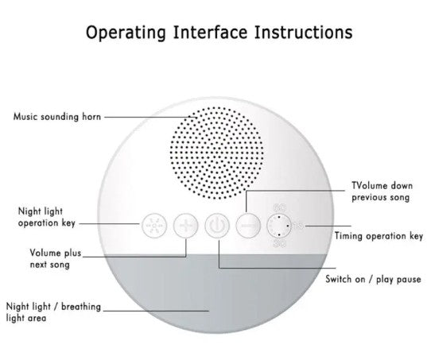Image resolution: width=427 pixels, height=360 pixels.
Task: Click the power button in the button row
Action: coord(217,226)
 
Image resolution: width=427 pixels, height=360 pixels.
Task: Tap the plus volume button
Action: coord(185,226)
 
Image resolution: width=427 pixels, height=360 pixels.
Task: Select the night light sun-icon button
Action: coord(153,226)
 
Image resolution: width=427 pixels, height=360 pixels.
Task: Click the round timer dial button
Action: coord(279,226)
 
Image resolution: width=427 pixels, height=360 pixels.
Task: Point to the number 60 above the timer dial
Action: coord(280,208)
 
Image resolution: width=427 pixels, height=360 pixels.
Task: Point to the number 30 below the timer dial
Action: coord(280,243)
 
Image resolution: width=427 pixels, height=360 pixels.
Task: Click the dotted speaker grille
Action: coord(217,153)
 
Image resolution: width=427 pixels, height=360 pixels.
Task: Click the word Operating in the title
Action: coord(126,33)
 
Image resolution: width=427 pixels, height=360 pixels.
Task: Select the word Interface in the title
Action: coord(210,32)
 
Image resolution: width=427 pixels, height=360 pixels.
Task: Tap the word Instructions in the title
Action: coord(304,32)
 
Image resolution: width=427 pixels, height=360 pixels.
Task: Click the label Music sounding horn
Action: coord(57,117)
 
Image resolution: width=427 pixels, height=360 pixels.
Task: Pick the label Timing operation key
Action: coord(378,236)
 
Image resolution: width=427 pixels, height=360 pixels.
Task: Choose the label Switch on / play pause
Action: coord(373,279)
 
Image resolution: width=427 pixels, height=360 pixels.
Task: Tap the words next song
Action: coord(50,265)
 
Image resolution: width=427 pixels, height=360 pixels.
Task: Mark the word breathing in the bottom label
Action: coord(81,307)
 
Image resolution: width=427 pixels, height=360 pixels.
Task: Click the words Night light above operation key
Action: coord(41,211)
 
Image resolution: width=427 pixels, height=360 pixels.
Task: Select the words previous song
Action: coord(380,198)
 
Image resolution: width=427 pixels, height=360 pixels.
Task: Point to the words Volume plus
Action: coord(56,253)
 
